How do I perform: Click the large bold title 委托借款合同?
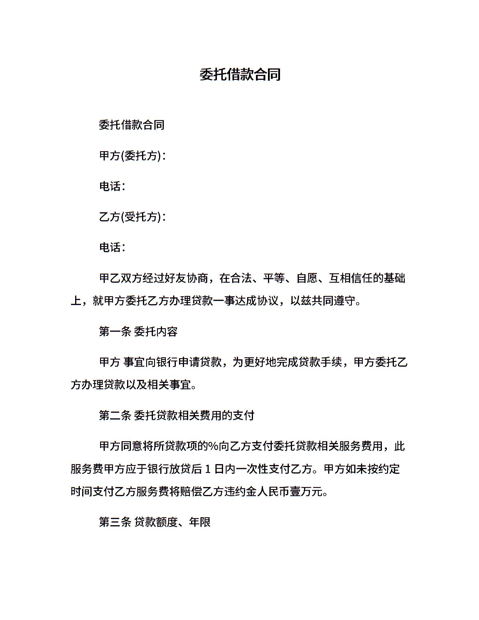click(x=240, y=75)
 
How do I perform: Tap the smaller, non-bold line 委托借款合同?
click(x=131, y=125)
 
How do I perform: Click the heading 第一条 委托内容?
click(x=138, y=332)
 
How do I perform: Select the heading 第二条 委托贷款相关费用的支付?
click(x=176, y=416)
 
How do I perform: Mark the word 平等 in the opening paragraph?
click(x=274, y=278)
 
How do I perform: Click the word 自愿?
click(x=307, y=278)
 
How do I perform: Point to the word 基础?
click(x=394, y=278)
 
